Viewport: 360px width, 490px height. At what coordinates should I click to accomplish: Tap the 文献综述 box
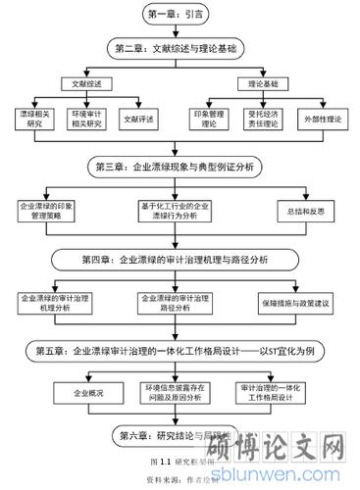point(91,85)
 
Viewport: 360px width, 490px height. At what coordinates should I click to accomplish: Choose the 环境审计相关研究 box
point(87,121)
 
